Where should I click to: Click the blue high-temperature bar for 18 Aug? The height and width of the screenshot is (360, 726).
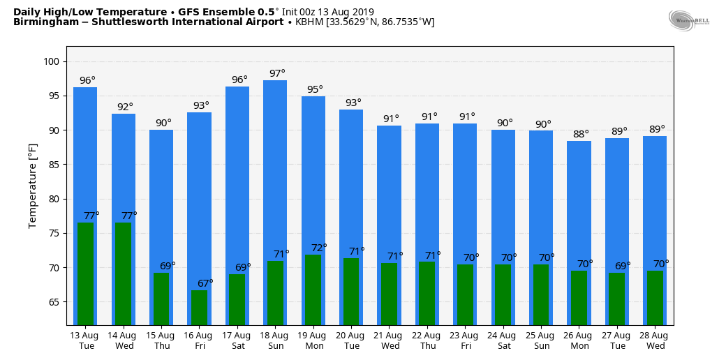pyautogui.click(x=275, y=167)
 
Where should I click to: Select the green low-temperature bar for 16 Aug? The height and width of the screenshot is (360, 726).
pyautogui.click(x=199, y=308)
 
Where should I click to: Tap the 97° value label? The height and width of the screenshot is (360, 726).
pyautogui.click(x=277, y=73)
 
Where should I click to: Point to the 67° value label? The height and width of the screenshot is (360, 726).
pyautogui.click(x=205, y=283)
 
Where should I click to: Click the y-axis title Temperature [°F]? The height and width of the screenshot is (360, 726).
pyautogui.click(x=33, y=186)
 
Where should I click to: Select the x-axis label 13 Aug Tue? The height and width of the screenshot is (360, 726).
pyautogui.click(x=85, y=340)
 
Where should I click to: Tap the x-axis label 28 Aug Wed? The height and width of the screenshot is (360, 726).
pyautogui.click(x=655, y=340)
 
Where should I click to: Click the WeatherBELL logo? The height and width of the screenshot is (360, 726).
pyautogui.click(x=688, y=20)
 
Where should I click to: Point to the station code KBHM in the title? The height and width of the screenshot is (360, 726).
pyautogui.click(x=309, y=22)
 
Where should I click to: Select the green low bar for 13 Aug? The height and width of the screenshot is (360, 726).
pyautogui.click(x=85, y=273)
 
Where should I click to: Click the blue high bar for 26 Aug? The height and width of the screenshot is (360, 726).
pyautogui.click(x=579, y=202)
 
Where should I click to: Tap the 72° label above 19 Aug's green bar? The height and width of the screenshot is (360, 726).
pyautogui.click(x=319, y=248)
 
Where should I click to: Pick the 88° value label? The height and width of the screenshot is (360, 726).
pyautogui.click(x=581, y=134)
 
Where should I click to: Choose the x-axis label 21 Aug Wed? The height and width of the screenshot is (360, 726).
pyautogui.click(x=390, y=340)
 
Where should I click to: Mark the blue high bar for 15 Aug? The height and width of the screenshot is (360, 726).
pyautogui.click(x=161, y=195)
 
